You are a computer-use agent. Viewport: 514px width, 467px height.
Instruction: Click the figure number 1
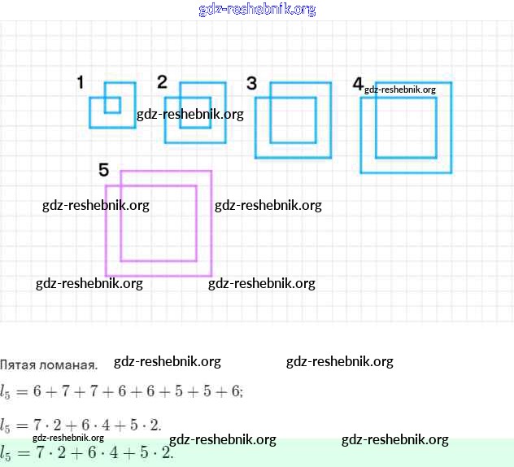point(80,82)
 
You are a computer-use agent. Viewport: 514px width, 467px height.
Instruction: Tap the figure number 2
point(162,81)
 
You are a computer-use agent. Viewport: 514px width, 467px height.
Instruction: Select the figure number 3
point(251,83)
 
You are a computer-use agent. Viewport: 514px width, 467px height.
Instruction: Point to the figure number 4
point(358,84)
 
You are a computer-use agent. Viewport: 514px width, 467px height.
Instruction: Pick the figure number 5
point(103,169)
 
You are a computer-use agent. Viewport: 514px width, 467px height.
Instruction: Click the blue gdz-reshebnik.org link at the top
point(257,10)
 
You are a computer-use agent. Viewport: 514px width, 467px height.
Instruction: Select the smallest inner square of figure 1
point(112,105)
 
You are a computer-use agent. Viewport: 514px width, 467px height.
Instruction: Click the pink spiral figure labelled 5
point(159,223)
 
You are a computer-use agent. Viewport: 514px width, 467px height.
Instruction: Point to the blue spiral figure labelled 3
point(293,120)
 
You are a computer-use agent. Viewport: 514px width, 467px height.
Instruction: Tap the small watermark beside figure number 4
point(400,89)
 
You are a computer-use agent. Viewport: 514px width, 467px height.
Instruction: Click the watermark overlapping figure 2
point(190,114)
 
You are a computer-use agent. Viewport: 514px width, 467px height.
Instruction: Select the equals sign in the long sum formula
point(22,391)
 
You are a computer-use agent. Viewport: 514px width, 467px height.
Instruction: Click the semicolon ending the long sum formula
point(242,392)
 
